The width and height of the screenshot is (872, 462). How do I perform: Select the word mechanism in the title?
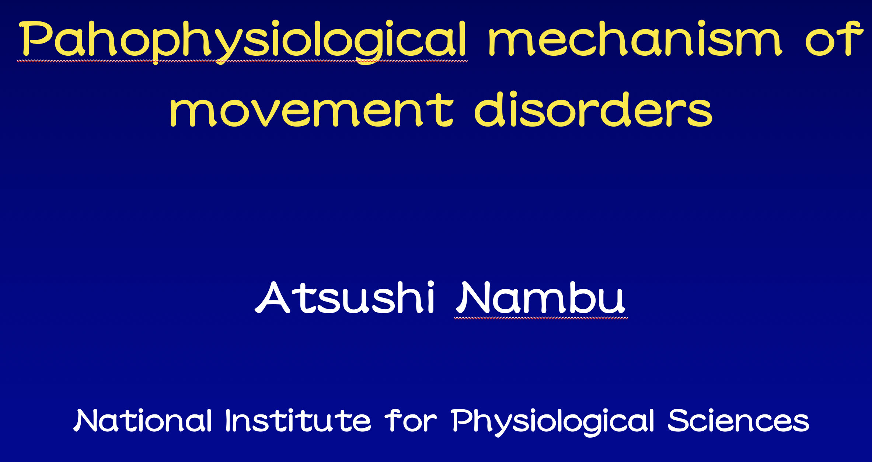click(x=635, y=38)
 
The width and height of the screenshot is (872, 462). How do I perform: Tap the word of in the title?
click(x=834, y=38)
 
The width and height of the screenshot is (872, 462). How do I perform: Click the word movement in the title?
click(x=311, y=110)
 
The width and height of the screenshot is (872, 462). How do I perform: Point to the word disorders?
click(x=594, y=109)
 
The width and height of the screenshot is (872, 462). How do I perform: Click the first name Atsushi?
click(x=345, y=297)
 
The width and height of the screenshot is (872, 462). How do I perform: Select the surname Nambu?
click(x=541, y=297)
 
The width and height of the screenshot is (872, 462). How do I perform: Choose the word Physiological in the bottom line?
click(x=553, y=422)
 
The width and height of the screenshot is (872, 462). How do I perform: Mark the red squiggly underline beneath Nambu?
click(x=541, y=318)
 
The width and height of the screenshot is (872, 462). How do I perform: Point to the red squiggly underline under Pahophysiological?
click(x=243, y=61)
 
